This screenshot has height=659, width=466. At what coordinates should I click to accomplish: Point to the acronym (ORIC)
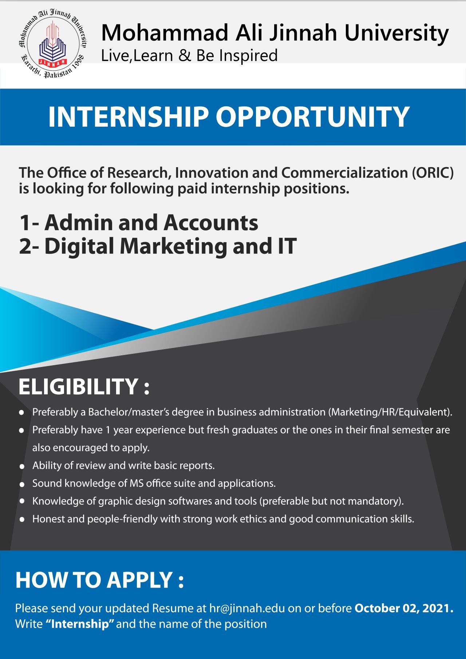click(433, 173)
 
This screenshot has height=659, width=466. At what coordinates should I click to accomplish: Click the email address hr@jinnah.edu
click(247, 608)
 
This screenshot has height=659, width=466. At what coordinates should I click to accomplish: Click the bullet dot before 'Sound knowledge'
click(22, 484)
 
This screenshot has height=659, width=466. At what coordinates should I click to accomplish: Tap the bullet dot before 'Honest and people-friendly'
click(22, 520)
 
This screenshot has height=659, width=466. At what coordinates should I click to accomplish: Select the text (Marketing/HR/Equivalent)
click(390, 412)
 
